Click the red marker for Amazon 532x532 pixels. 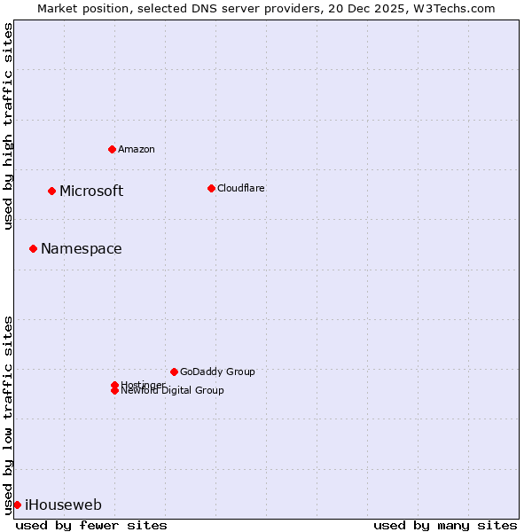click(112, 149)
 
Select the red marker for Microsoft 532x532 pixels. click(51, 191)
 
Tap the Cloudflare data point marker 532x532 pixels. click(211, 188)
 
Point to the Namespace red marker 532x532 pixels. click(33, 248)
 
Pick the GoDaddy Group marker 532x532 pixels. click(174, 372)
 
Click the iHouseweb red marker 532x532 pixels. click(17, 505)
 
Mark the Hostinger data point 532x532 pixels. click(114, 385)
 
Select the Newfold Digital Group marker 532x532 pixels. click(114, 391)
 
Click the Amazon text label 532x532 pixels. click(137, 149)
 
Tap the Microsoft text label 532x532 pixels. click(91, 191)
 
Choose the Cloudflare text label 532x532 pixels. click(241, 188)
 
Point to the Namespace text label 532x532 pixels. click(82, 248)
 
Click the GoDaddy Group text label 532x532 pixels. click(217, 372)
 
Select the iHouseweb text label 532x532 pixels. click(63, 505)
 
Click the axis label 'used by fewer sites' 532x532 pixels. click(91, 525)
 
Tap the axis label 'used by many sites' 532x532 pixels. click(445, 525)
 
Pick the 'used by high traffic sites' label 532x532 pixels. click(8, 126)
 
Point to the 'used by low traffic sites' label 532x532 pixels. click(8, 415)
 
